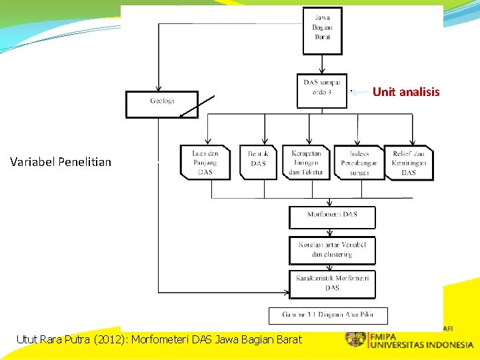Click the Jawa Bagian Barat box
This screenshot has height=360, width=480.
322,31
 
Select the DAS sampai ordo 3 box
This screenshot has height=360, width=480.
322,90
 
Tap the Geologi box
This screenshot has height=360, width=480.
162,103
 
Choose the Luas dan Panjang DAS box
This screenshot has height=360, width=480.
205,163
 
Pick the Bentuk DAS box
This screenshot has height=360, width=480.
258,163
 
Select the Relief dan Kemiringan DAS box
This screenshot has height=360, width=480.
409,163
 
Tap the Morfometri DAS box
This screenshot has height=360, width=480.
332,217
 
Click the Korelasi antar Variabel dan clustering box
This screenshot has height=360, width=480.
332,250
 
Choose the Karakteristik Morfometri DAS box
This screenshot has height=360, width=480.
332,283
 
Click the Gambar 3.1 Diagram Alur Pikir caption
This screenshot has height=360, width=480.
328,315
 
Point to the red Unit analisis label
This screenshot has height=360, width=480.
406,92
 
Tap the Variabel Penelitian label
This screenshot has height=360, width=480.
61,161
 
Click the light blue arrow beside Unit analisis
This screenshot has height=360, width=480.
359,92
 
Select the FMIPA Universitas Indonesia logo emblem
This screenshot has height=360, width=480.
355,339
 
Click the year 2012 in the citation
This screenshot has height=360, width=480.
111,340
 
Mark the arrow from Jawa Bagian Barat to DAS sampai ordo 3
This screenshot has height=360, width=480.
322,64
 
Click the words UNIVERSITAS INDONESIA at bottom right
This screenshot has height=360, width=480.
421,345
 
